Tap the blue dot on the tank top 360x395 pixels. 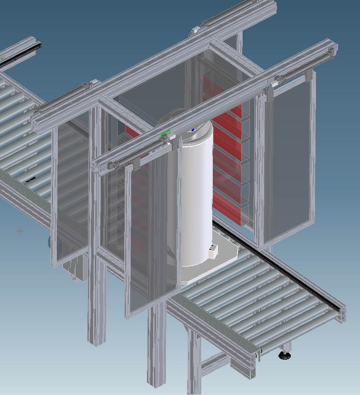pyautogui.click(x=193, y=130)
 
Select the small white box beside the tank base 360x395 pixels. pyautogui.click(x=213, y=251)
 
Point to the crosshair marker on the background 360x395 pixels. pyautogui.click(x=19, y=231)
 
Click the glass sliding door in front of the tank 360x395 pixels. pyautogui.click(x=144, y=239)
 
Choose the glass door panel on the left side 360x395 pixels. pyautogui.click(x=71, y=193)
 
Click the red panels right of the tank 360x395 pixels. pyautogui.click(x=227, y=151)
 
